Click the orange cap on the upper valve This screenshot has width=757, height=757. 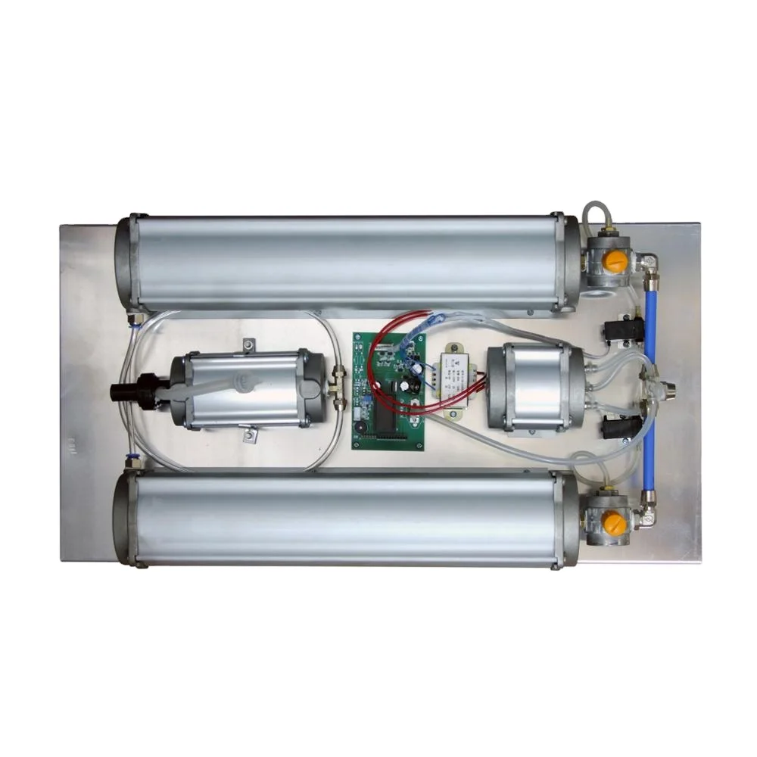point(615,261)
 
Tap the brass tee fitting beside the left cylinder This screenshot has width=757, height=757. point(338,386)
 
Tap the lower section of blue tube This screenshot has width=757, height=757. point(648,454)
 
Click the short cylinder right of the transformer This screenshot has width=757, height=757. point(534,387)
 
